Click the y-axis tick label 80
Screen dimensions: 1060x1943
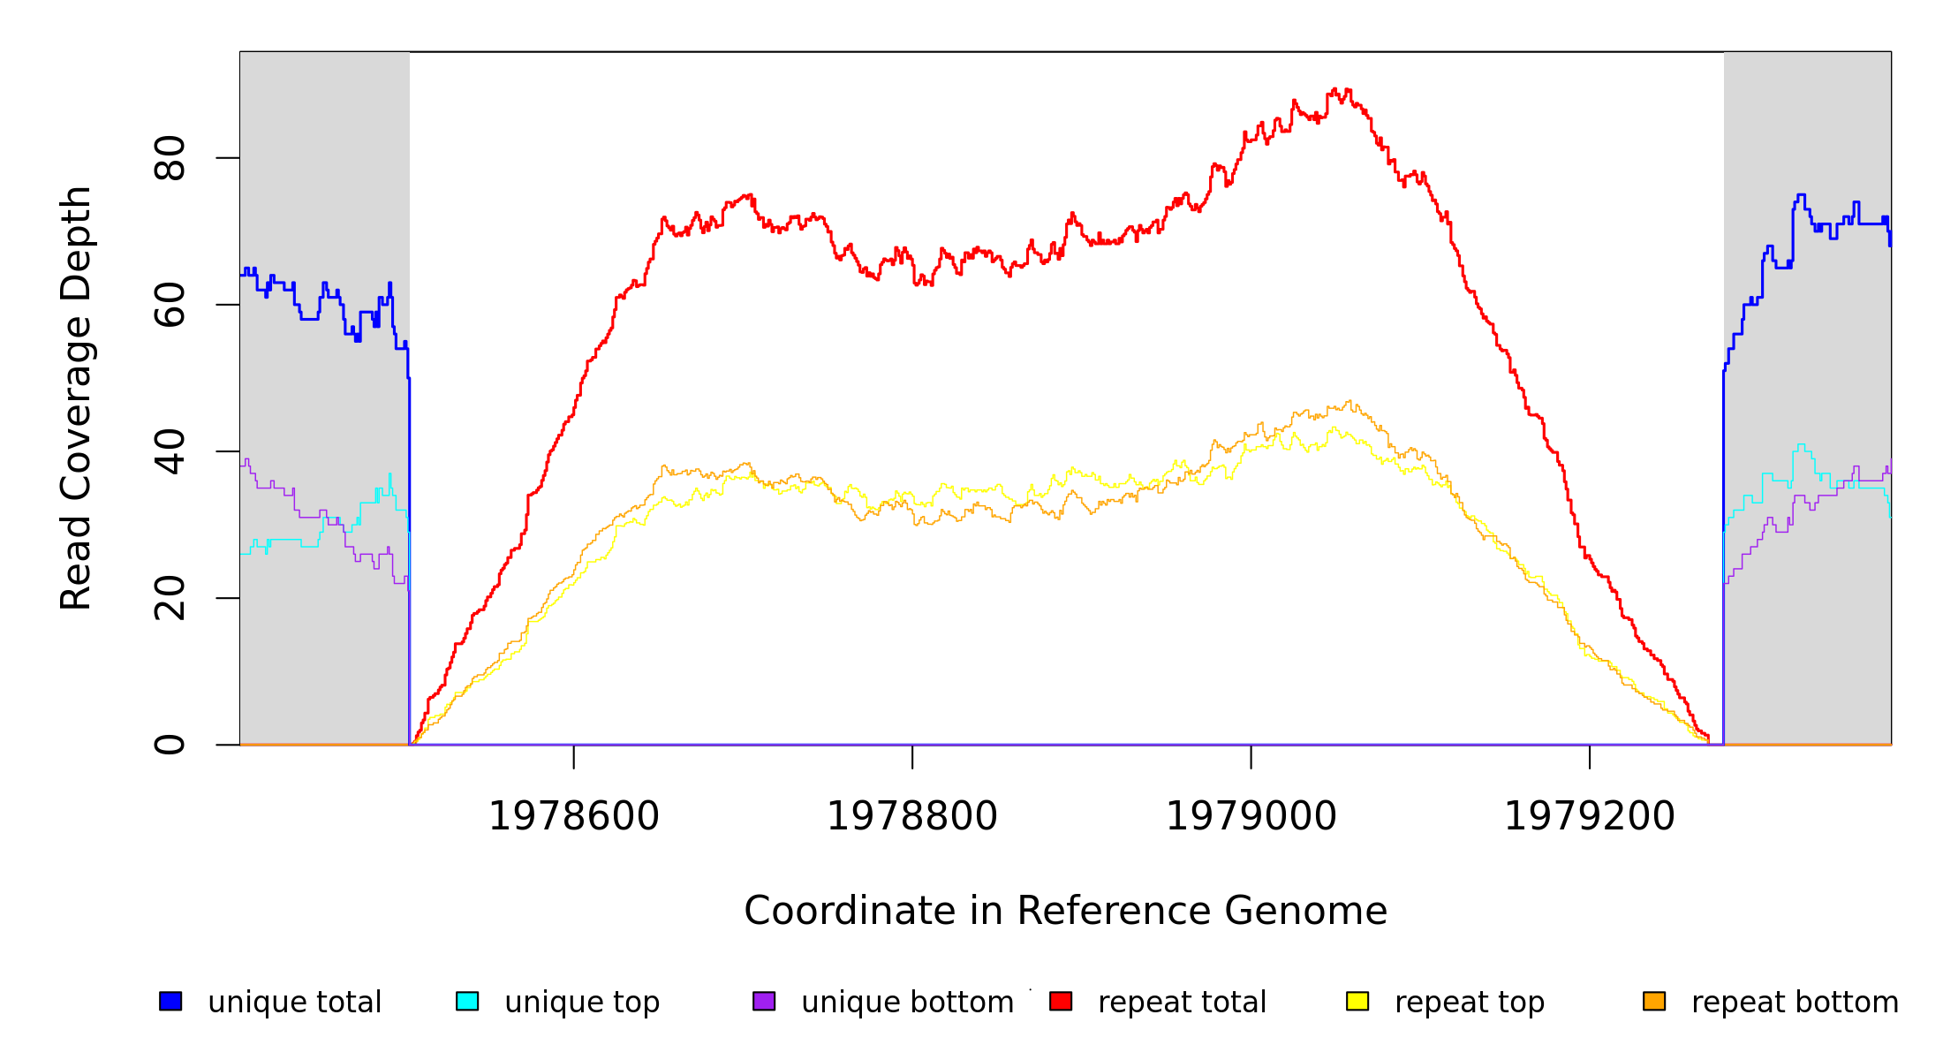(169, 158)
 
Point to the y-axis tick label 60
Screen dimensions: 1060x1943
(169, 305)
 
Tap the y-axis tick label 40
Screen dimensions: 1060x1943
(169, 451)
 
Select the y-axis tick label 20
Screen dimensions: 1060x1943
(169, 598)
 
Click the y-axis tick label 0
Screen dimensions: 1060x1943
(169, 745)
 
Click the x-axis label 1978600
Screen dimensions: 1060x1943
(573, 816)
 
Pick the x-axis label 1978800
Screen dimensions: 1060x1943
(911, 816)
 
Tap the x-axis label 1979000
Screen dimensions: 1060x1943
(1251, 816)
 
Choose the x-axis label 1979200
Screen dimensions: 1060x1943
(1589, 816)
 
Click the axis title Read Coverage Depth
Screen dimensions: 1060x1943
(76, 397)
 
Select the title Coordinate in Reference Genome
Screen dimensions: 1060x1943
(1065, 911)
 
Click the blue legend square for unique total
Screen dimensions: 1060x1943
(170, 1001)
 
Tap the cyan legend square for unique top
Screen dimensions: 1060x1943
(467, 1001)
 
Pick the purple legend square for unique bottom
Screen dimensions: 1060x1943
(764, 1001)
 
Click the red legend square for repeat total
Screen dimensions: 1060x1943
(1061, 1001)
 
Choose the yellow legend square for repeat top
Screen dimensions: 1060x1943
(1357, 1001)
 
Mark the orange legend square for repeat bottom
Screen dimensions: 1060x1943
(1654, 1001)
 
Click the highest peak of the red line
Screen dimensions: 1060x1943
(1334, 89)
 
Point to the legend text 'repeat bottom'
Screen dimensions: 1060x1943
(1795, 1002)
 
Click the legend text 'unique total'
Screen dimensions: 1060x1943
(294, 1002)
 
